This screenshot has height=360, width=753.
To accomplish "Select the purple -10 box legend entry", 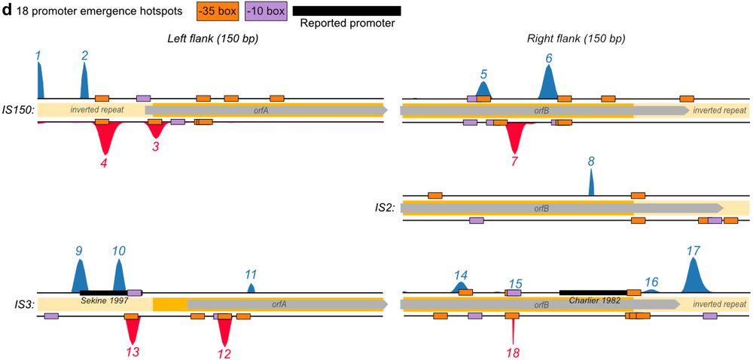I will click(265, 11).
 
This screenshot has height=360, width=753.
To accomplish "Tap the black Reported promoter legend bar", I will click(346, 11).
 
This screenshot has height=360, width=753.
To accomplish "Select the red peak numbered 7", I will click(515, 137).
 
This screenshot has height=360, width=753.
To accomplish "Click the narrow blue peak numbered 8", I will click(591, 182).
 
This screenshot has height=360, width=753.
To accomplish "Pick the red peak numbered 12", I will click(224, 331).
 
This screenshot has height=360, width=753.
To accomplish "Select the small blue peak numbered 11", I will click(252, 288).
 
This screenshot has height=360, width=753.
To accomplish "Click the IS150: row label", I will click(18, 110).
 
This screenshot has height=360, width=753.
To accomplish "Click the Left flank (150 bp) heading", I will click(213, 38).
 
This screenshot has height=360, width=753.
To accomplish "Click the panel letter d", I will click(7, 11).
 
